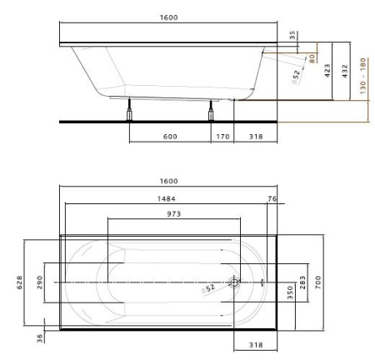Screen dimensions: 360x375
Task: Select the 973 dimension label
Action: tap(173, 214)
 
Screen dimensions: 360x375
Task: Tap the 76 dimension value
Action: tap(271, 198)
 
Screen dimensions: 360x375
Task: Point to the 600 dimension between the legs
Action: tap(169, 137)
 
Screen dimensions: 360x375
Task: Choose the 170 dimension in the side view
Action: tap(222, 137)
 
